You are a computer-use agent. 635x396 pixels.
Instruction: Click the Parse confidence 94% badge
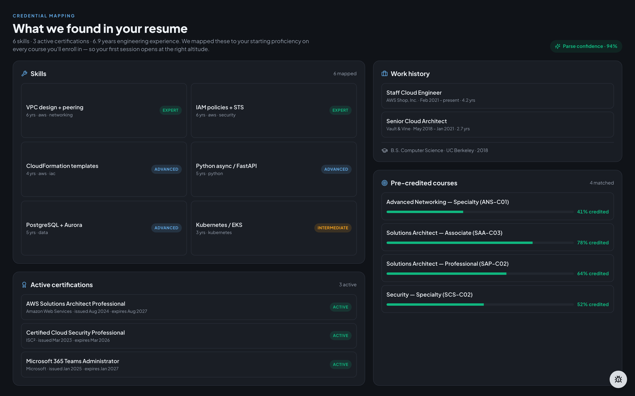tap(586, 46)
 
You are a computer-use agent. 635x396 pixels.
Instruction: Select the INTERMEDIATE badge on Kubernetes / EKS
tap(333, 228)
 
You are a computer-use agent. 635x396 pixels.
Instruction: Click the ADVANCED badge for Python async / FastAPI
tap(336, 169)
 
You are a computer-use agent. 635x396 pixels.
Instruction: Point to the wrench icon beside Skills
tap(24, 74)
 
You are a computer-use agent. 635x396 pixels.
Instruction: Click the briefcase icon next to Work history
tap(384, 74)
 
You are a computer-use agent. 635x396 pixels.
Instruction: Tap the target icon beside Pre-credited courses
tap(384, 183)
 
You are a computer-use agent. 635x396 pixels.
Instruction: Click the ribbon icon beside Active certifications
tap(24, 285)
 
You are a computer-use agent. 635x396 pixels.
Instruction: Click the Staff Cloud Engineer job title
tap(414, 93)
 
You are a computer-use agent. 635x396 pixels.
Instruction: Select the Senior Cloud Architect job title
tap(417, 121)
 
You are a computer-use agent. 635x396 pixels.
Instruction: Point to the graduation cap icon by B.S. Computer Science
tap(384, 150)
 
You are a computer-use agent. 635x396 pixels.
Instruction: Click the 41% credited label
tap(593, 212)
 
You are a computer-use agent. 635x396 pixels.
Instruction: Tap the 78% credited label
tap(593, 243)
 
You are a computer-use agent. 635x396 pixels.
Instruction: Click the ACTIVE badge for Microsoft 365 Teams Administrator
tap(341, 364)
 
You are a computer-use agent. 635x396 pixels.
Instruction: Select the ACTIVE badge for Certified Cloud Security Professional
tap(341, 335)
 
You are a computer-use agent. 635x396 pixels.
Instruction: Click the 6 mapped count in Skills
tap(345, 74)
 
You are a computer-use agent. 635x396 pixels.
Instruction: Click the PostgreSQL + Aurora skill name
tap(54, 225)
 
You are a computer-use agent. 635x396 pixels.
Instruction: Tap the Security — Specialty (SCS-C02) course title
tap(429, 295)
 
